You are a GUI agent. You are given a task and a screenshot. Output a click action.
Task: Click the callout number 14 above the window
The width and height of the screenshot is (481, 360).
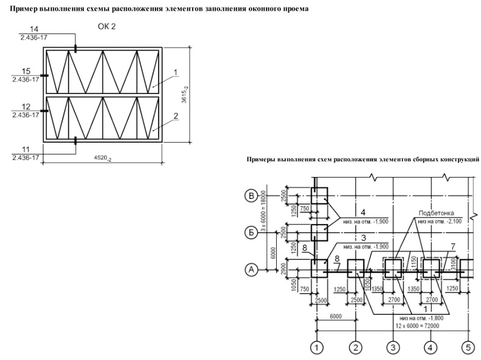click(34, 29)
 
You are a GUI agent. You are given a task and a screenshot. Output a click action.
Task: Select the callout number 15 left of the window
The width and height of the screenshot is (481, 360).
click(26, 71)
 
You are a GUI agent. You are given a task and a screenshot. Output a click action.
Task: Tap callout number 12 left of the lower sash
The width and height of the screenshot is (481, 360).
click(26, 107)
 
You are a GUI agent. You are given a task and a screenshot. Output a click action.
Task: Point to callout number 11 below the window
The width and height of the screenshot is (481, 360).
click(26, 149)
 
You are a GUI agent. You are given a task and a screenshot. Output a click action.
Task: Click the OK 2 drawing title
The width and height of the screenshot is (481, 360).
click(107, 27)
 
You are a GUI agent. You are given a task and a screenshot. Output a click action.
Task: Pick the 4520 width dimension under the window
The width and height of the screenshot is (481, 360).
click(103, 159)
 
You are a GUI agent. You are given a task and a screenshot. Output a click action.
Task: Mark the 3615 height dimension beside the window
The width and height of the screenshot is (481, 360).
click(184, 95)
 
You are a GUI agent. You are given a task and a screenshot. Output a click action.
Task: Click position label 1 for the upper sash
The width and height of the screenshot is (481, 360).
click(176, 73)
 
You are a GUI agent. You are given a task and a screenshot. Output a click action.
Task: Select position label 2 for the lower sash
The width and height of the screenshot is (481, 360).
click(176, 116)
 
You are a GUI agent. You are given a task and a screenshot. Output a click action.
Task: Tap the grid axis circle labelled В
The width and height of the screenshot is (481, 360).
click(251, 196)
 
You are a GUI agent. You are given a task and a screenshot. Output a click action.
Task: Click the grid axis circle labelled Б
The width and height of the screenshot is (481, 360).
click(251, 233)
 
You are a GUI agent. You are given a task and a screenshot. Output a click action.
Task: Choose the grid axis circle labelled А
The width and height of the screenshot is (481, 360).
click(251, 270)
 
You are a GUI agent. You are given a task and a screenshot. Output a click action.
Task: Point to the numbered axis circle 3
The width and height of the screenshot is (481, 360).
click(393, 348)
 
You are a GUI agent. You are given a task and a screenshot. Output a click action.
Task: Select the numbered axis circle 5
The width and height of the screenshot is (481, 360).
click(468, 348)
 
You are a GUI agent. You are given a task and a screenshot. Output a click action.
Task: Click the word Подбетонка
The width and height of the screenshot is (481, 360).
click(436, 214)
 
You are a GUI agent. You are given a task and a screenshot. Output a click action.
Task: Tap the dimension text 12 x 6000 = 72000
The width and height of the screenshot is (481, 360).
click(418, 326)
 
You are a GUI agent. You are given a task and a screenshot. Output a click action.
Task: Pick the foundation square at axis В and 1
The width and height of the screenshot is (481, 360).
click(319, 196)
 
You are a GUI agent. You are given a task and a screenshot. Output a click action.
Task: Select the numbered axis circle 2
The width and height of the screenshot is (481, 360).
click(356, 348)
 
